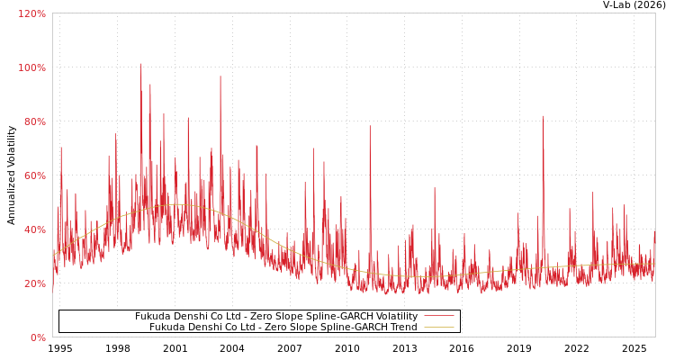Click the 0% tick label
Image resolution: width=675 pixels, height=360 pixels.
click(x=38, y=337)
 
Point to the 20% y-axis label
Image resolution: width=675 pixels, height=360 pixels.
click(x=35, y=283)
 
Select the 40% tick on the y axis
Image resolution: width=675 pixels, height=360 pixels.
click(x=35, y=229)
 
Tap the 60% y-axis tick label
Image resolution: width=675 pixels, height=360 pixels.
click(x=35, y=175)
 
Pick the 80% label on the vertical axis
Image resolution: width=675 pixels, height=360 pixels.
click(x=35, y=121)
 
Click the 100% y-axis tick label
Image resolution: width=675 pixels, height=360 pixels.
click(x=32, y=67)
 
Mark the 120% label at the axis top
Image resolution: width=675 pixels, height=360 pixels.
click(x=32, y=13)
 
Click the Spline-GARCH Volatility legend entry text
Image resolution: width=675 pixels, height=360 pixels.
click(x=276, y=317)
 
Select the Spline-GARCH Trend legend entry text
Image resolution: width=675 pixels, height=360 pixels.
click(x=283, y=328)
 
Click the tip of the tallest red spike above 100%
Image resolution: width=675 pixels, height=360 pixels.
click(x=140, y=63)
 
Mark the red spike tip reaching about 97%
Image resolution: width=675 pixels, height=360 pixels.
click(x=220, y=76)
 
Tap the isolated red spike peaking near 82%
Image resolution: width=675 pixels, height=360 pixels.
click(x=542, y=116)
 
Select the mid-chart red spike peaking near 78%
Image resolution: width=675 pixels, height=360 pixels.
click(x=369, y=126)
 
